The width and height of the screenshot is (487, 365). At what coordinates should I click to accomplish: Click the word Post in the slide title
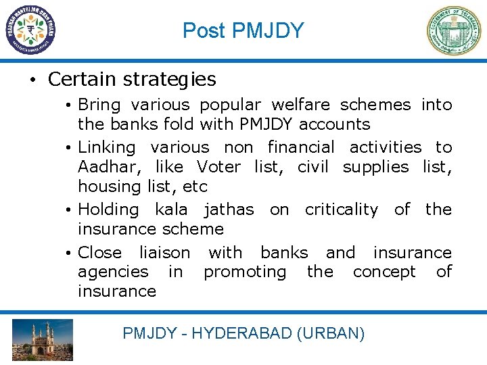coord(204,30)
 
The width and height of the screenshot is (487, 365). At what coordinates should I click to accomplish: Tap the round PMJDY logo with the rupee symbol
coord(30,30)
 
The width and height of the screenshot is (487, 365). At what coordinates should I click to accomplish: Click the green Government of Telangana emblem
coord(453,30)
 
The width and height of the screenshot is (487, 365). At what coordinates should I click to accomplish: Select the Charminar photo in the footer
coord(42,340)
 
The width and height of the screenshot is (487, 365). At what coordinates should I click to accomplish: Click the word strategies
coord(170,80)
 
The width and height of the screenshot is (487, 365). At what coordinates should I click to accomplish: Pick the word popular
coord(228,105)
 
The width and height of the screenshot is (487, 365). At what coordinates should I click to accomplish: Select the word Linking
coord(107,147)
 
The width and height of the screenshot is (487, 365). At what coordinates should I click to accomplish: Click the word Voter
coord(218,166)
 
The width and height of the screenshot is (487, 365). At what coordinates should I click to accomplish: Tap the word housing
coord(108,186)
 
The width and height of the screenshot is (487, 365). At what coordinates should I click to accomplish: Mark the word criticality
coord(341,210)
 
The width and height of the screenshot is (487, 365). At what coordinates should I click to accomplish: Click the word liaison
coord(164,252)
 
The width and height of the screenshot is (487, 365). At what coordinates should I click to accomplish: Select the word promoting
coord(245,272)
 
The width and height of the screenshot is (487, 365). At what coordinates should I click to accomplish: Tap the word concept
coord(384,272)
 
